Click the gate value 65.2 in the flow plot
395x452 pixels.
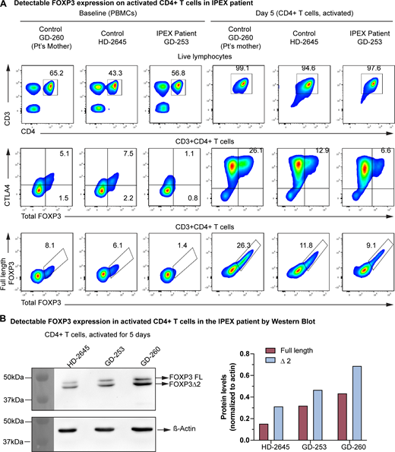[x=56, y=74]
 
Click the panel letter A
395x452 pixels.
[x=5, y=6]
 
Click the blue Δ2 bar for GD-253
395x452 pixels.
[x=338, y=415]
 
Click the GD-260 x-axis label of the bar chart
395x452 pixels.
[x=369, y=446]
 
